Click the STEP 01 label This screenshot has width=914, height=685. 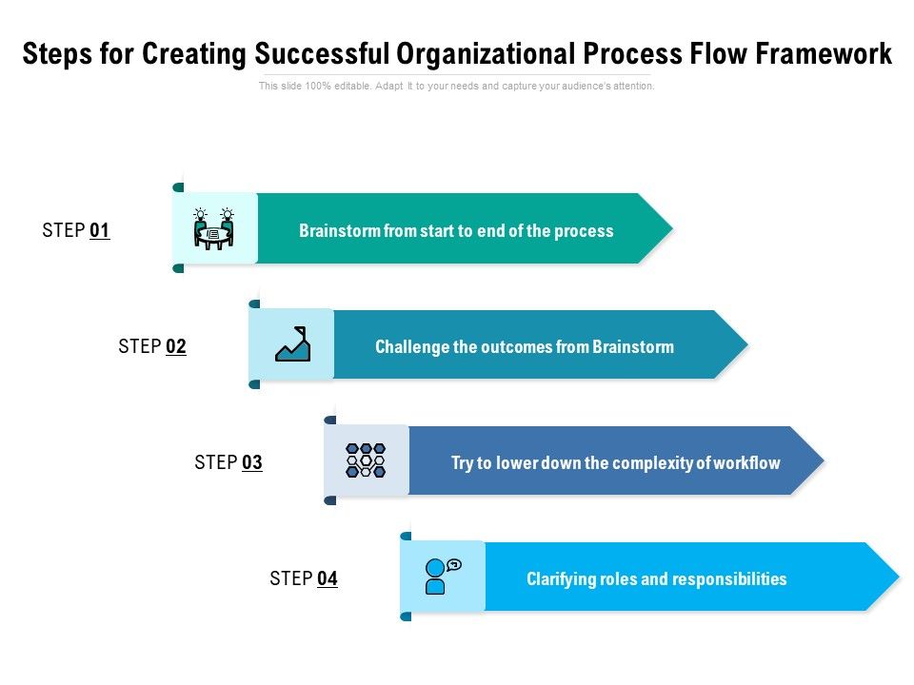click(76, 230)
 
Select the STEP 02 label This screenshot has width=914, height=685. click(152, 346)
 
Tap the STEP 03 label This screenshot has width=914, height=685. click(228, 462)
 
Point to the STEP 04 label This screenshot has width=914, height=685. click(304, 578)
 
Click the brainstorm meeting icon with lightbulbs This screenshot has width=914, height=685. click(214, 228)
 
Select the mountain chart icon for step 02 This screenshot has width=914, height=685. click(292, 344)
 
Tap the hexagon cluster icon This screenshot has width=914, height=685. click(366, 460)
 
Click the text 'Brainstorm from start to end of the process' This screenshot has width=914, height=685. click(456, 230)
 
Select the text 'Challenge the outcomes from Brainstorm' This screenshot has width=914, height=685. click(525, 346)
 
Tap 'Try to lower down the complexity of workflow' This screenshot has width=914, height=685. click(615, 463)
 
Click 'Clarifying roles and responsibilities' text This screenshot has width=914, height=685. click(657, 578)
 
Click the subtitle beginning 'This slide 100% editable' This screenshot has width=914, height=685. click(457, 86)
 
